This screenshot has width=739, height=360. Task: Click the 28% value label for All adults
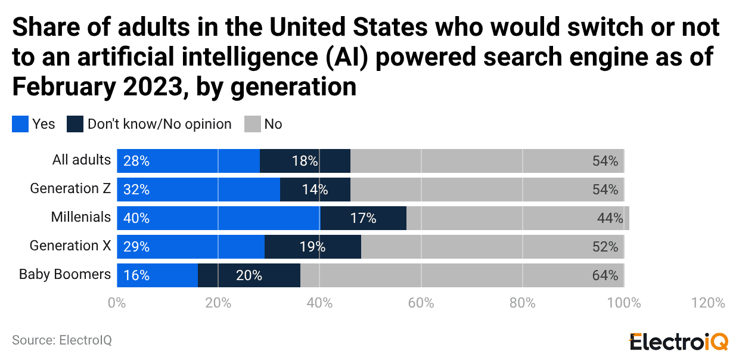[x=136, y=161]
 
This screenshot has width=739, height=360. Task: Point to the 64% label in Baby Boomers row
[x=605, y=275]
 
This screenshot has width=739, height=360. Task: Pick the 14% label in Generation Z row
[x=315, y=190]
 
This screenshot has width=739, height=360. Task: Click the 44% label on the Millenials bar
[x=610, y=218]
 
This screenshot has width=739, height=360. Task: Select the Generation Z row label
[x=70, y=188]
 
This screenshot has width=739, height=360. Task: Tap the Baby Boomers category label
[x=65, y=274]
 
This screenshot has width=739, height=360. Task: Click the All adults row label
[x=82, y=160]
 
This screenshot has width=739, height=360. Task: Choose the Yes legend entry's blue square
[x=20, y=124]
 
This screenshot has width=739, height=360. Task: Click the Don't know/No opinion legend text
[x=159, y=124]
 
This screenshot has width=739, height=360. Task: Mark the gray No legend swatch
[x=253, y=124]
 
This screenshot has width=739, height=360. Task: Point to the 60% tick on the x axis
[x=421, y=302]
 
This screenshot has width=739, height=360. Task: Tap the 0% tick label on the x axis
[x=116, y=302]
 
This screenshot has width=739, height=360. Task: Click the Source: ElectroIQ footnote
[x=62, y=340]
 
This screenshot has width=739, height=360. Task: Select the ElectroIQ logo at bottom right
[x=678, y=342]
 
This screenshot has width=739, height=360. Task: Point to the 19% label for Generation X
[x=312, y=247]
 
